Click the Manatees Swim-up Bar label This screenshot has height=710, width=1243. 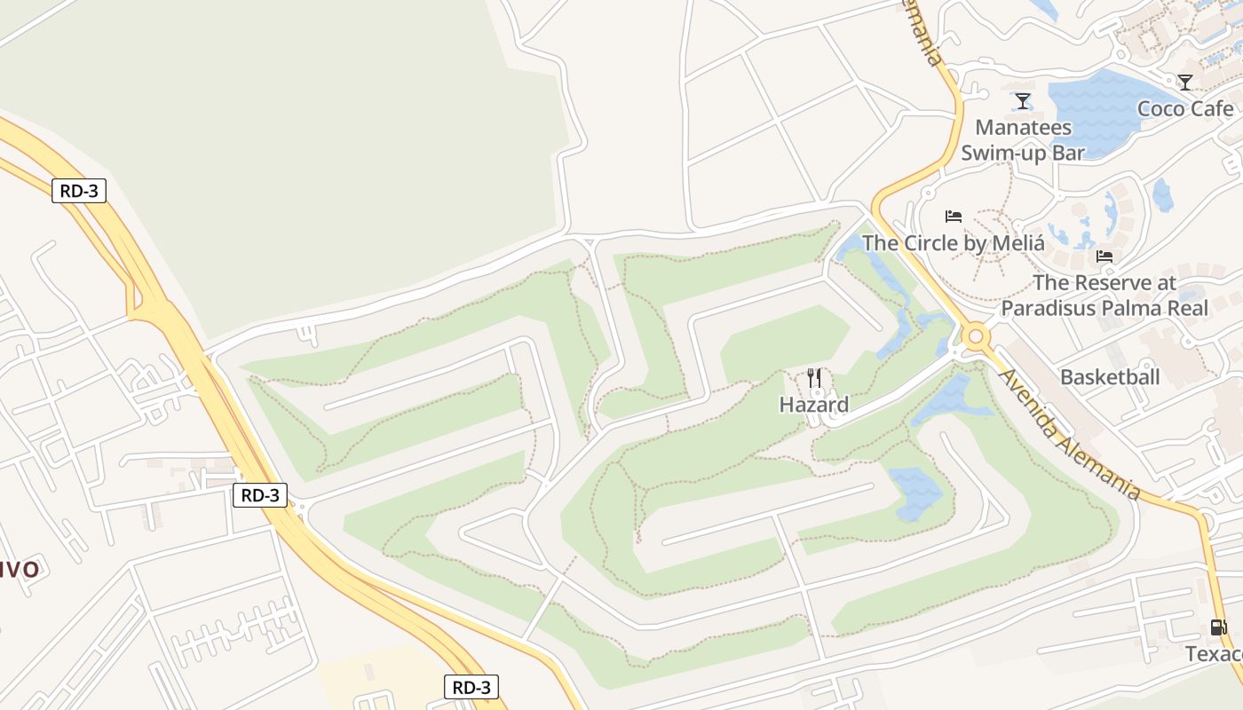click(x=1023, y=140)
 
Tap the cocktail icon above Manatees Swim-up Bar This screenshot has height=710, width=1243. click(x=1023, y=101)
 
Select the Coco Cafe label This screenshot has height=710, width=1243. click(x=1185, y=109)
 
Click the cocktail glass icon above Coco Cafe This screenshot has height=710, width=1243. click(x=1185, y=83)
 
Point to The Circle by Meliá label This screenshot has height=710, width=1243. click(x=953, y=243)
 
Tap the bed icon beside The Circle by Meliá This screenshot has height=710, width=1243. click(x=954, y=217)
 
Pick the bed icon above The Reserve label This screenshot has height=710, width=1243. click(x=1104, y=256)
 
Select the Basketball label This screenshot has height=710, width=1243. click(x=1110, y=377)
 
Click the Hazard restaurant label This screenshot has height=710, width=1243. click(x=813, y=405)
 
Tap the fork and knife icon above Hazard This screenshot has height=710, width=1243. click(x=814, y=378)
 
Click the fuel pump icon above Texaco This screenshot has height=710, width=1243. click(x=1219, y=627)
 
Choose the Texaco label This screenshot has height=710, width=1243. click(x=1214, y=654)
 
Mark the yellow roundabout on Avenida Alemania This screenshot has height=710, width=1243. click(x=977, y=336)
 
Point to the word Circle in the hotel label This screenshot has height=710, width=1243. click(x=934, y=243)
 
